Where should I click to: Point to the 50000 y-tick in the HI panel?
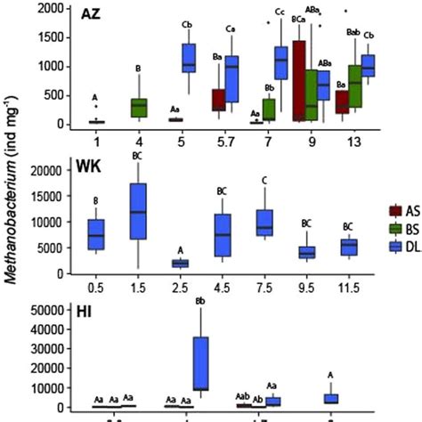50,310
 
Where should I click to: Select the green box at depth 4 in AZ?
139,108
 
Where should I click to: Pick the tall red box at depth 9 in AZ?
298,80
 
